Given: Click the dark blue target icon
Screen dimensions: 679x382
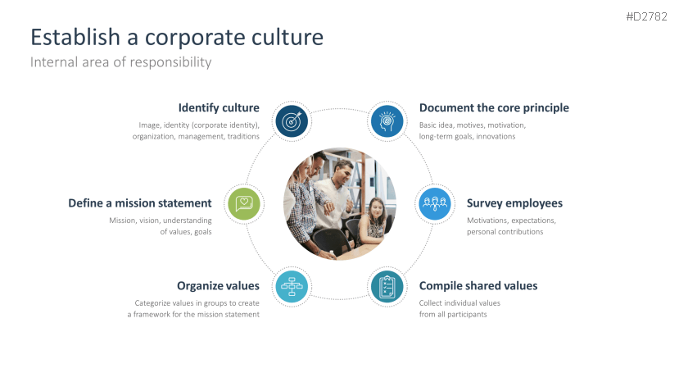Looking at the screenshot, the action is [292, 121].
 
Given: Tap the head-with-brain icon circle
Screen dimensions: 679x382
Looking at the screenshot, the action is [387, 121].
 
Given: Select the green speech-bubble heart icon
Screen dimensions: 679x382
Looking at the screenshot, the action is [244, 204].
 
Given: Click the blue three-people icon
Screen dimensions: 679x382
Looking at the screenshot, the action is [435, 204].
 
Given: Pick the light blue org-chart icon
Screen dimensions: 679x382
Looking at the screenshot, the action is [292, 287].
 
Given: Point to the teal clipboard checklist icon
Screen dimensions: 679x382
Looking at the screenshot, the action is [387, 287].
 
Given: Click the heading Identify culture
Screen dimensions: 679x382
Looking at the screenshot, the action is [219, 108].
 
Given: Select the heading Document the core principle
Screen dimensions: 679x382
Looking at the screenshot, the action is [494, 108].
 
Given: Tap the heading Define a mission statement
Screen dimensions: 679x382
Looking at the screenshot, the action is [140, 203].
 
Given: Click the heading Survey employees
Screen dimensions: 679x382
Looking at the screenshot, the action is [514, 203].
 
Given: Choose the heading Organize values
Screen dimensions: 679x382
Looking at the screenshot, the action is [218, 286].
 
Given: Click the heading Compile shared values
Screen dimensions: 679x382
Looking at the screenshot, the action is [478, 286].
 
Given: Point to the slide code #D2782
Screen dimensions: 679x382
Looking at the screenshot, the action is [646, 17].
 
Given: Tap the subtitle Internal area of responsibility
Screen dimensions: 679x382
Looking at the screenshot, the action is [121, 62].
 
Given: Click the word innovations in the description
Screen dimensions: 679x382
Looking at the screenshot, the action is [496, 137].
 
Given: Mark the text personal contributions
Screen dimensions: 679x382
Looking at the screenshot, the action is [505, 232].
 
